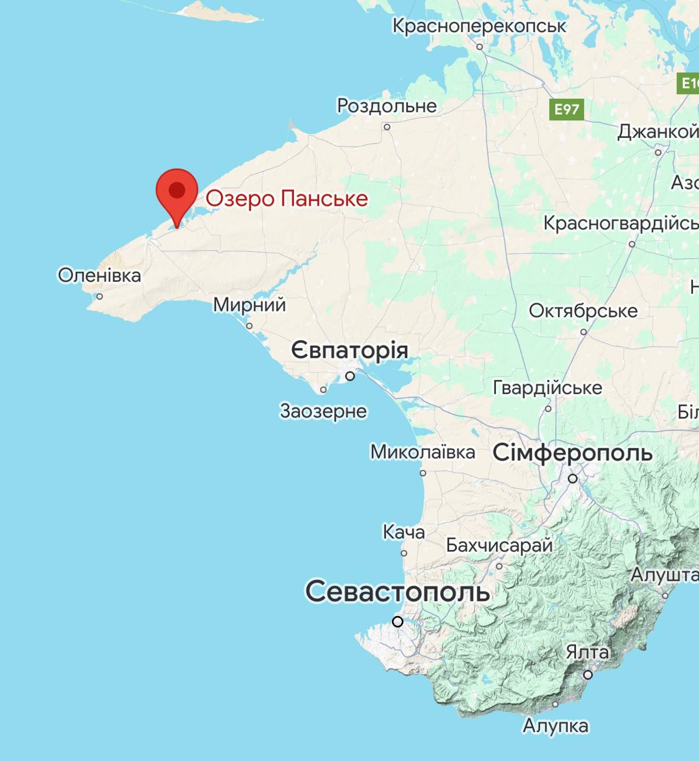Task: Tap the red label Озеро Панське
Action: point(287,199)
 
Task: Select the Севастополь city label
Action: point(397,591)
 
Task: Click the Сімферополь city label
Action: point(573,453)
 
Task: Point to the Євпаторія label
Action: point(349,350)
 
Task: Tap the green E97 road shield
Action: point(567,109)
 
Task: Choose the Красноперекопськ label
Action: point(479,26)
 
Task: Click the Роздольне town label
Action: point(387,106)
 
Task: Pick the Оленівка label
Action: point(99,275)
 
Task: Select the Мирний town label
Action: point(249,305)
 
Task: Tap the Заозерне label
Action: point(323,411)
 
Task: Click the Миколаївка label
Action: point(422,452)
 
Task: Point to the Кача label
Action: point(404,532)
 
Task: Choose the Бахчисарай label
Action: point(499,545)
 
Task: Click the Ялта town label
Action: point(587,652)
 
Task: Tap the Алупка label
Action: point(555,725)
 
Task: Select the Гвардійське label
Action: point(548,388)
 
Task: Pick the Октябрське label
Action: point(583,310)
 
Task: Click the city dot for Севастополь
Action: point(398,622)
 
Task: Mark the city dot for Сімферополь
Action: point(573,478)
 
